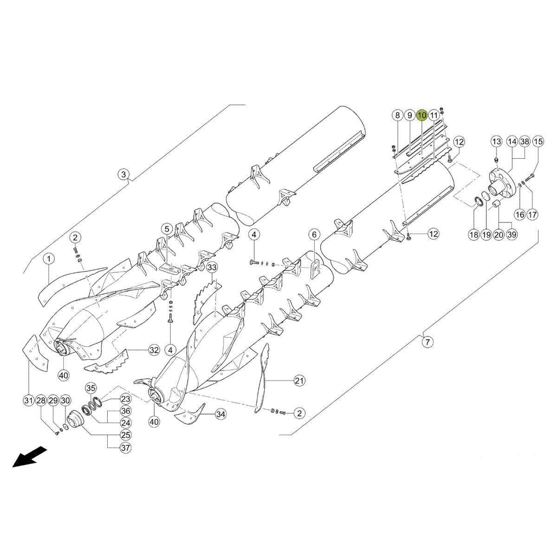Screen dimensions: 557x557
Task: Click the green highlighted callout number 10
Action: (x=421, y=115)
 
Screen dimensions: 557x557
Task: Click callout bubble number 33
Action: (x=212, y=268)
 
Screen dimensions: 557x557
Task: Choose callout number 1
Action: (x=49, y=258)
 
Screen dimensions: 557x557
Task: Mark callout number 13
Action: (x=497, y=141)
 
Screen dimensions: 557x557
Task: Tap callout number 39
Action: (x=511, y=235)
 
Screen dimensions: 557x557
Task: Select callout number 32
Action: (x=154, y=350)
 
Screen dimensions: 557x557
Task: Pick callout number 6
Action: (x=313, y=234)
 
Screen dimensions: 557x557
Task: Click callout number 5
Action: (x=167, y=228)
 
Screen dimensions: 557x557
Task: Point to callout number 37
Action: (x=113, y=448)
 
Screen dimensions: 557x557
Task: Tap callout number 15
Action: (x=538, y=141)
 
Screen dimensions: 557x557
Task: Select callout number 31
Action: (x=29, y=401)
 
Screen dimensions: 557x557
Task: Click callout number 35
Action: (x=91, y=388)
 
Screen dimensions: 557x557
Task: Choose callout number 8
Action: (x=397, y=115)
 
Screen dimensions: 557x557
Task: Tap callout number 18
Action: (x=473, y=235)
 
